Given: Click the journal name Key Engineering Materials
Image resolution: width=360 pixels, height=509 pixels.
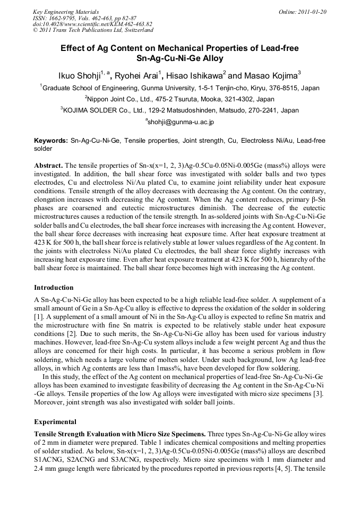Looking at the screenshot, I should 65,11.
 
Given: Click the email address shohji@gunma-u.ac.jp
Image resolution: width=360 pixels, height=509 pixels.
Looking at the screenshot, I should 181,122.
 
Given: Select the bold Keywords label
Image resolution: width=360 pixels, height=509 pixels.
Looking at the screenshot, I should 51,141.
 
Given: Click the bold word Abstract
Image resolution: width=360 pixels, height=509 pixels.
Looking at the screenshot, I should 48,165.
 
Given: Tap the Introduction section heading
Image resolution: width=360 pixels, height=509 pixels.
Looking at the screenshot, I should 54,287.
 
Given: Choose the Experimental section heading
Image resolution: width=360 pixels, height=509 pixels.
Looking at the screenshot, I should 55,422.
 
